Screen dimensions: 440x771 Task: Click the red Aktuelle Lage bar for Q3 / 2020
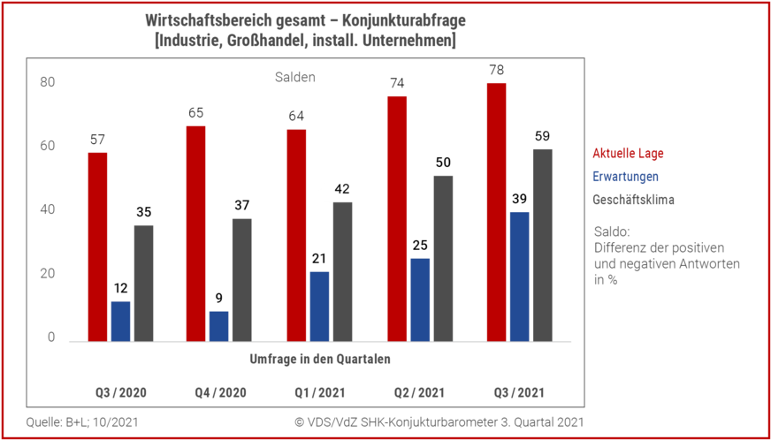(97, 247)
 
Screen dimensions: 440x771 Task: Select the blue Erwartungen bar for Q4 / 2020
(219, 326)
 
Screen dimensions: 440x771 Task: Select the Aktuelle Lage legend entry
(628, 154)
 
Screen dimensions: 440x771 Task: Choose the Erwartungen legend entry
(625, 177)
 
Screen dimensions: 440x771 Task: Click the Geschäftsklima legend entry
(633, 200)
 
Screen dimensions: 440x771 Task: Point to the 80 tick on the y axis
(48, 82)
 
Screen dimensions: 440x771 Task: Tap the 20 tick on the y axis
(48, 274)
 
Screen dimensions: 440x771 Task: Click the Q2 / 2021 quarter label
(419, 392)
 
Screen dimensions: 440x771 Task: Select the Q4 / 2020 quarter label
(221, 392)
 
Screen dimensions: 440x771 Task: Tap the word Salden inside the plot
(294, 78)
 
